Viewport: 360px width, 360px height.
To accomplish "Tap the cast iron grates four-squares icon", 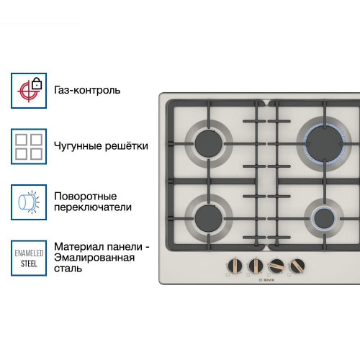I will coord(28,146).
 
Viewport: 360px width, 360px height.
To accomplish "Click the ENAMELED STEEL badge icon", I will coord(28,258).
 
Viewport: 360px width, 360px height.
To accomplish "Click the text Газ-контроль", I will coord(87,91).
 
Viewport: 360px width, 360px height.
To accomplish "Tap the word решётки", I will coord(127,146).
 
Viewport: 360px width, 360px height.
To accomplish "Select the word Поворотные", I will coord(85,196).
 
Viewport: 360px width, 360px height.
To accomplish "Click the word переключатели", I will coord(93,207).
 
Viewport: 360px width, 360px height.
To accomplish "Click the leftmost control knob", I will coord(235,264).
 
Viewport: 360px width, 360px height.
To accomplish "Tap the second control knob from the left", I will coord(255,264).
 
